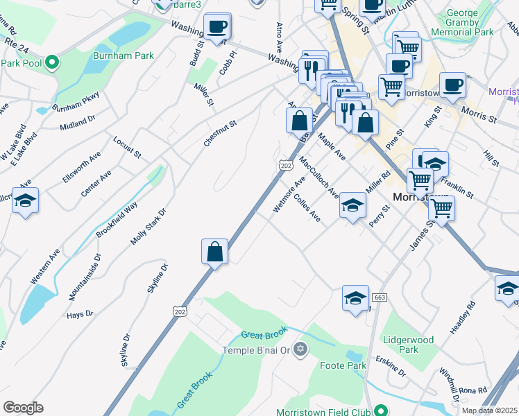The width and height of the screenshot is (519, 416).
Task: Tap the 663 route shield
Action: tap(379, 297)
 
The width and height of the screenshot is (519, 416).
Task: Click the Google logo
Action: tap(23, 408)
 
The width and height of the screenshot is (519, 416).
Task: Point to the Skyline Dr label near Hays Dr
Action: tap(156, 278)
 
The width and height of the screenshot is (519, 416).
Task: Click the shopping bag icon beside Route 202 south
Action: tap(215, 251)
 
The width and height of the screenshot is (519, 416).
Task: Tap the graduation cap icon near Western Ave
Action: tap(26, 201)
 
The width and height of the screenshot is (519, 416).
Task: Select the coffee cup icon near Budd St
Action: tap(217, 27)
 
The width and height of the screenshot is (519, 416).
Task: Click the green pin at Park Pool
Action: tap(52, 63)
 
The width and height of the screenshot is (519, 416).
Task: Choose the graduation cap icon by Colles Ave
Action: tap(352, 206)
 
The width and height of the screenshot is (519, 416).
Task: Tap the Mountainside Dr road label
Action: tap(85, 277)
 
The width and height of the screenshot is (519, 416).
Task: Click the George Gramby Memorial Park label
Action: tap(462, 23)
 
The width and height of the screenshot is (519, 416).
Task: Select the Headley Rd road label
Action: tap(463, 318)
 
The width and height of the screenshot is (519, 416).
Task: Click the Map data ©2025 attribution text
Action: tap(489, 410)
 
